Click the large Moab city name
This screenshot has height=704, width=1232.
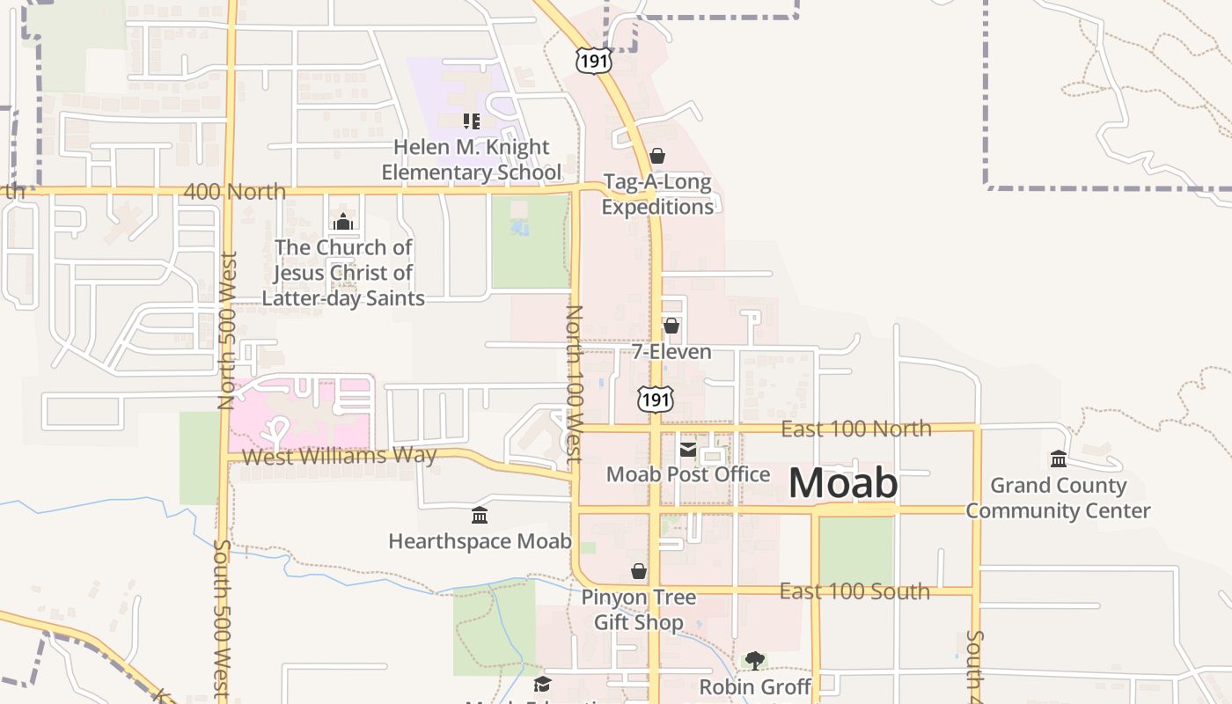click(843, 484)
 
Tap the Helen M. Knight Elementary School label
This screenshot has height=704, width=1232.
click(471, 159)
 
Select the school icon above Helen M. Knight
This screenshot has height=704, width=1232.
click(471, 121)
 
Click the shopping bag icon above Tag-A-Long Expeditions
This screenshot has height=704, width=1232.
click(656, 157)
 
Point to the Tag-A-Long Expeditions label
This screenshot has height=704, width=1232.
click(657, 194)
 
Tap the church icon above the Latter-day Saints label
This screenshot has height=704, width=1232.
click(343, 221)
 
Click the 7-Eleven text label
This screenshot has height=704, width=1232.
click(671, 352)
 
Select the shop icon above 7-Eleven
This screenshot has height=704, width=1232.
click(671, 326)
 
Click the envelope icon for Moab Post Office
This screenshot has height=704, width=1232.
click(687, 450)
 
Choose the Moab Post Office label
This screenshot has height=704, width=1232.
click(688, 474)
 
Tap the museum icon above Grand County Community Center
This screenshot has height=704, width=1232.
click(1058, 458)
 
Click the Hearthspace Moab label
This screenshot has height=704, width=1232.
click(480, 540)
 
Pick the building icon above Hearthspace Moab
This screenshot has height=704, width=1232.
click(480, 515)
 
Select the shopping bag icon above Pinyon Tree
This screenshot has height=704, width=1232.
click(639, 572)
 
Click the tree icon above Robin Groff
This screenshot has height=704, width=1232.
click(754, 660)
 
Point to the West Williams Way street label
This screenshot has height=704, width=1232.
click(339, 456)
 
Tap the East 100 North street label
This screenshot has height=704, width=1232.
click(856, 429)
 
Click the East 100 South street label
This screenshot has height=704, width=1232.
click(854, 591)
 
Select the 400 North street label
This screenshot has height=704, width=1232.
click(235, 191)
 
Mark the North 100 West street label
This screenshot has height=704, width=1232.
click(574, 384)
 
